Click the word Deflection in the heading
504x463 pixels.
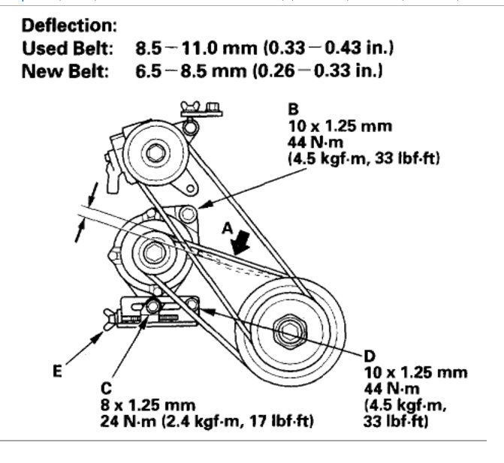69,26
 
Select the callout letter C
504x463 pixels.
106,389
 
